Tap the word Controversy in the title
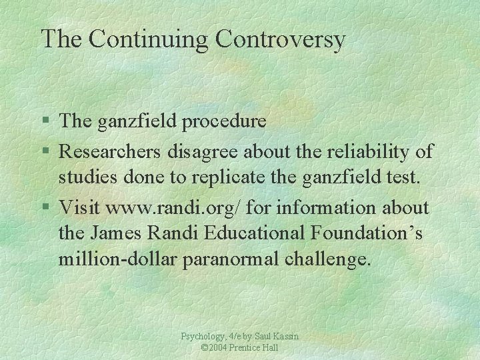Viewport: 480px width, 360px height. click(280, 39)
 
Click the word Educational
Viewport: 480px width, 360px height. click(264, 235)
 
